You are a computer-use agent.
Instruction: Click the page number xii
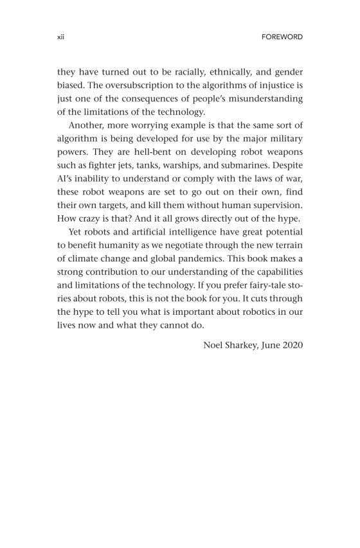[x=61, y=37]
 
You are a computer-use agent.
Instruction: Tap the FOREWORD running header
[x=282, y=37]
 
